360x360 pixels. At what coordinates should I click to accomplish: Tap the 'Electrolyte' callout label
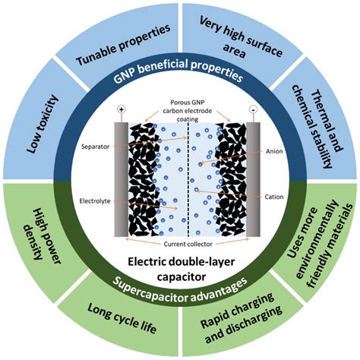tap(96, 203)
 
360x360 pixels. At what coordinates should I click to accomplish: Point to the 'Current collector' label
tap(181, 244)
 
